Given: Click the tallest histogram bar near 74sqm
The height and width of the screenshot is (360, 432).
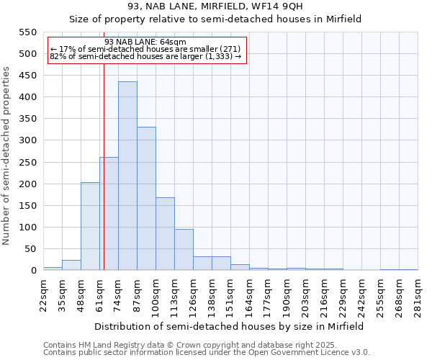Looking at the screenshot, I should coord(127,176).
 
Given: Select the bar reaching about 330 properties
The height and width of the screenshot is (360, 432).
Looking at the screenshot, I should coord(146,199).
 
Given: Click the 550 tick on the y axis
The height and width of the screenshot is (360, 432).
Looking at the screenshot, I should coord(27,32).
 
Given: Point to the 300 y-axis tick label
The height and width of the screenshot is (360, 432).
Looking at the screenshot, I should coord(27,140).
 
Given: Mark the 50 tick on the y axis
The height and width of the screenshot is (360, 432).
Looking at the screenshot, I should coord(30,249).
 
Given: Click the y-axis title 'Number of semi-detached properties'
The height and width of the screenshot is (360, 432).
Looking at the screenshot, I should coord(6,156).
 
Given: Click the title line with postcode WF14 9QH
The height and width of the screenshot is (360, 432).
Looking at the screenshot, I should coord(215,6).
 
